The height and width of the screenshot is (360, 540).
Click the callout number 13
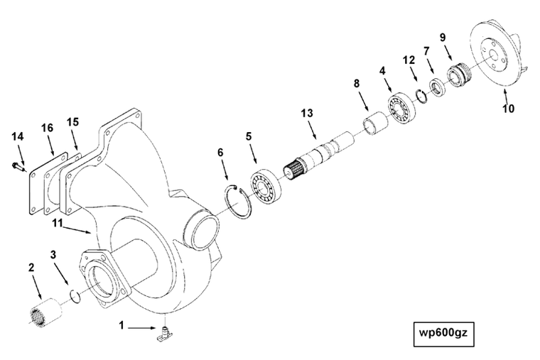pos(306,114)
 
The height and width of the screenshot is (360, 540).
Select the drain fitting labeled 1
pos(164,332)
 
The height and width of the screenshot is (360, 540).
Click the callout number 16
pos(47,127)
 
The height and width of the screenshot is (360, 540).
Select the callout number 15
pos(72,122)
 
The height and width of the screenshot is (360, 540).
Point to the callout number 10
pos(509,109)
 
